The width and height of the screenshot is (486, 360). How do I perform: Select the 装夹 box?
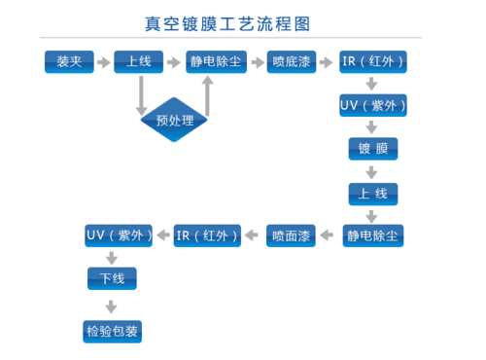(69, 62)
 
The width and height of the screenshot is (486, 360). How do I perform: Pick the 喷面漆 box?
(293, 235)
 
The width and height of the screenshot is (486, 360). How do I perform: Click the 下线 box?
(112, 279)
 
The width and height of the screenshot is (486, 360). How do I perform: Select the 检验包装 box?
(112, 333)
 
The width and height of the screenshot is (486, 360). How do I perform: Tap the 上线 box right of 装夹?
(139, 62)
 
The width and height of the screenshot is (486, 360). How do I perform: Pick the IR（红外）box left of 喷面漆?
(207, 235)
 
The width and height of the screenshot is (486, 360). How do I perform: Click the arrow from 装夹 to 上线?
(104, 62)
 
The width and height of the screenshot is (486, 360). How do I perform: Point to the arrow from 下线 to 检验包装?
(112, 306)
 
